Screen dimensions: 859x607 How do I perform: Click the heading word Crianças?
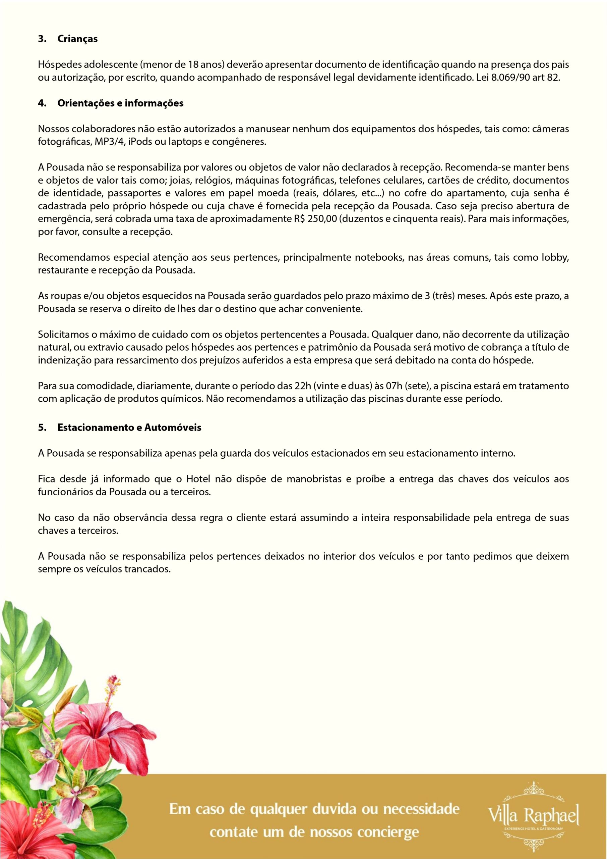(x=77, y=39)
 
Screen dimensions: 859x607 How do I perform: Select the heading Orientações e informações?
(x=120, y=103)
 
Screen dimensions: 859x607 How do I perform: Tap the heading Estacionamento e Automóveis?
(x=129, y=427)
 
